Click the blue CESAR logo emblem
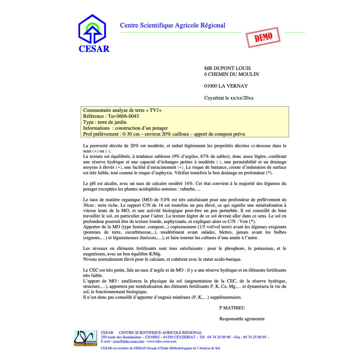tap(92, 29)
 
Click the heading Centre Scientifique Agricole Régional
tap(172, 25)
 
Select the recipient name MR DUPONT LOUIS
tap(227, 68)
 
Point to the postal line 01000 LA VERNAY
tap(226, 86)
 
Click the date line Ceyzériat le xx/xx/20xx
tap(229, 98)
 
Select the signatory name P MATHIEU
tap(232, 308)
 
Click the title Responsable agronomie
tap(242, 319)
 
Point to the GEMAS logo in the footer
tap(85, 338)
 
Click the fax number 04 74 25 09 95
tap(256, 337)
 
